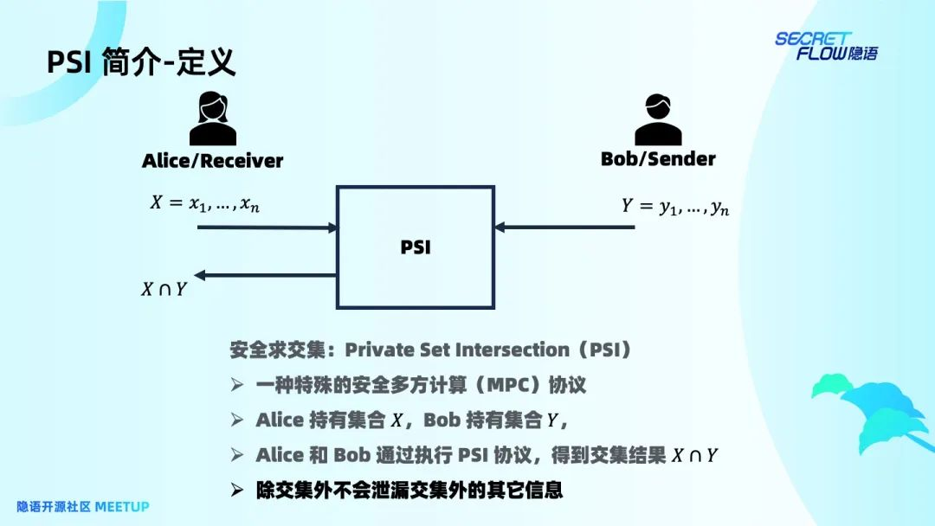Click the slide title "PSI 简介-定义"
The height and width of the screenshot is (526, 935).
pos(141,63)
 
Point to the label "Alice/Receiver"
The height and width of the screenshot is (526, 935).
pos(212,161)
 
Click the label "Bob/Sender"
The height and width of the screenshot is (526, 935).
pos(658,159)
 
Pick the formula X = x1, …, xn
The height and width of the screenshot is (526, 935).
pos(203,204)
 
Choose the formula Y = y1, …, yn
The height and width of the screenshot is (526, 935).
pos(674,208)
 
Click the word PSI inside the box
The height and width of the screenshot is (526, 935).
pos(416,247)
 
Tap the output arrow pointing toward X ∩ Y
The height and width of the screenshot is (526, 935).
pos(265,275)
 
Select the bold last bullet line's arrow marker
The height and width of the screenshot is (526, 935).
pos(237,491)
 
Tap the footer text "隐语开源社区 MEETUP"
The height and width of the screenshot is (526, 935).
pos(83,506)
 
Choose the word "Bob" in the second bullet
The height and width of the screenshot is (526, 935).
pos(442,420)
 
